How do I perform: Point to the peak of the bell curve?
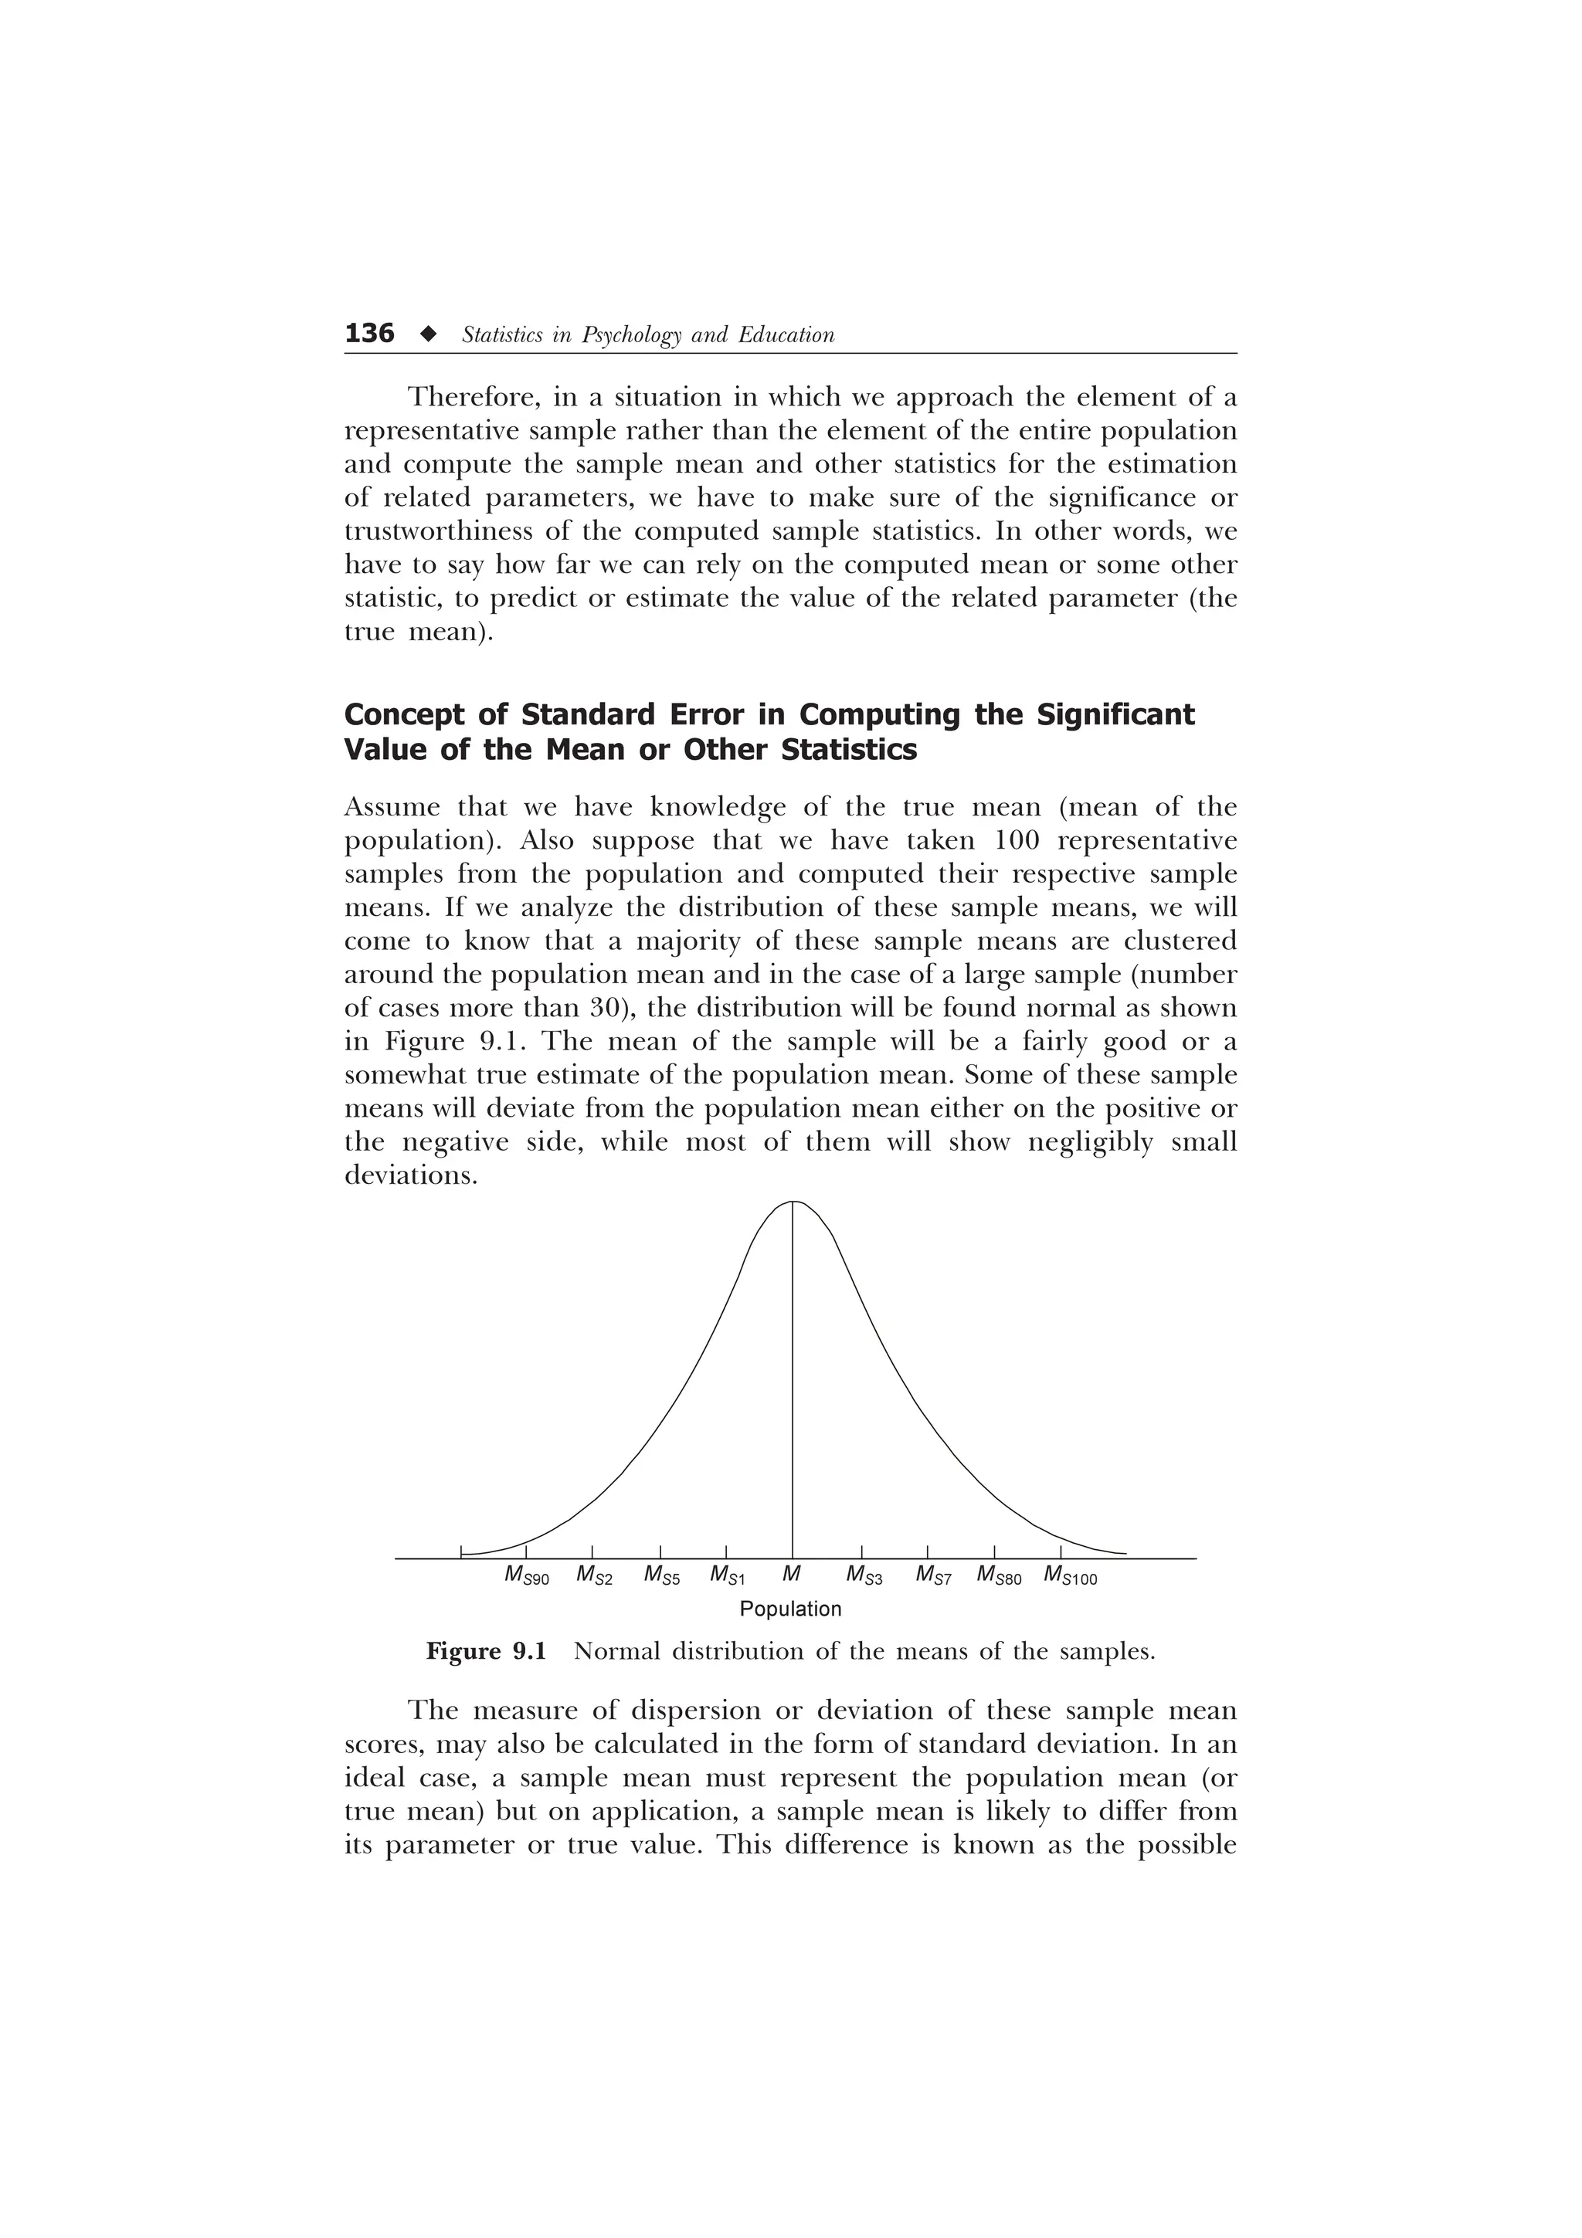[793, 1203]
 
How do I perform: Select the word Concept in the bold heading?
[403, 715]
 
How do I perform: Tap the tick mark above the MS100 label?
[1061, 1551]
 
